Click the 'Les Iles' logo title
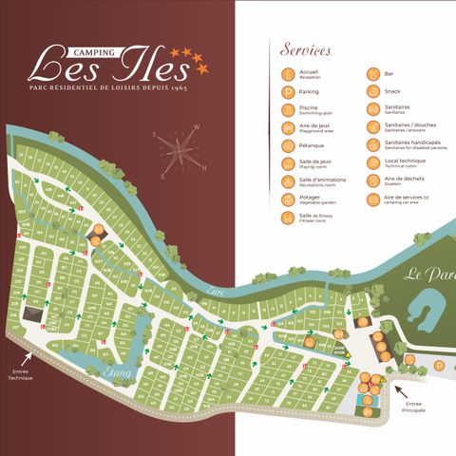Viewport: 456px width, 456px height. pyautogui.click(x=99, y=65)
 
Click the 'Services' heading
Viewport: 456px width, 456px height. pyautogui.click(x=307, y=49)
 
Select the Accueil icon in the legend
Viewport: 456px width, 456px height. pyautogui.click(x=287, y=74)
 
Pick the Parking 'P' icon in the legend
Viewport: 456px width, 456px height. pyautogui.click(x=287, y=92)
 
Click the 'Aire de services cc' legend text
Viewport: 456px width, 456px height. pyautogui.click(x=406, y=198)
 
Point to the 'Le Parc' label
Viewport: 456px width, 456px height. pyautogui.click(x=426, y=275)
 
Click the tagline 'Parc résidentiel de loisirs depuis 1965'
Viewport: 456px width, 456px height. pyautogui.click(x=107, y=88)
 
